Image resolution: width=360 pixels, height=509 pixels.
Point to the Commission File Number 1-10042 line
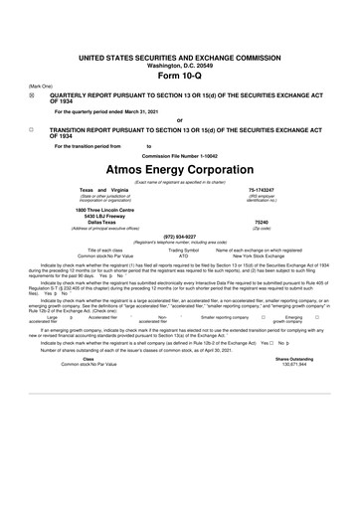[x=179, y=156]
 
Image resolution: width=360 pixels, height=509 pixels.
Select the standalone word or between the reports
[x=179, y=119]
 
